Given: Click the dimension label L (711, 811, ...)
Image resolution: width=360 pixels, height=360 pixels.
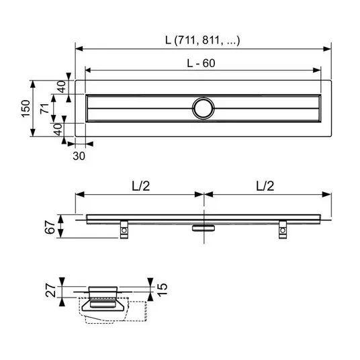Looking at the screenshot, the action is (x=203, y=40).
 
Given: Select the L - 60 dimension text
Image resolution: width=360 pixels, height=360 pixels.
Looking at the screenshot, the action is (x=201, y=63).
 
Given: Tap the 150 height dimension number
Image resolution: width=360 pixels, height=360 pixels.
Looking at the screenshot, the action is (x=26, y=109).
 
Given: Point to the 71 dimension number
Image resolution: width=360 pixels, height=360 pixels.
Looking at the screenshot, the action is (x=44, y=108).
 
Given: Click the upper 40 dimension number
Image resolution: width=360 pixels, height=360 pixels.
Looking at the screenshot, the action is (x=62, y=87).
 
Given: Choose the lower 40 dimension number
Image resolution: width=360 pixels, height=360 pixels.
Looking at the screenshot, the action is (x=58, y=130).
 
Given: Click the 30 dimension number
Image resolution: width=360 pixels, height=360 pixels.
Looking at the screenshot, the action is (x=79, y=156).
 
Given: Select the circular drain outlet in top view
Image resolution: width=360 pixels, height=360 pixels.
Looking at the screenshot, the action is (x=204, y=108).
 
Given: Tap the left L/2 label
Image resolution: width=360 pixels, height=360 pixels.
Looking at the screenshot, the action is (x=141, y=185).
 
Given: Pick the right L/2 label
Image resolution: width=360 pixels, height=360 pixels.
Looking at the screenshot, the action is (x=265, y=185).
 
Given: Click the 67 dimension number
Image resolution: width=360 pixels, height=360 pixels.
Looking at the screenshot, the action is (x=50, y=227).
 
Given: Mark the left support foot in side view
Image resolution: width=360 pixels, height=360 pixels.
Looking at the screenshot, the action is (x=124, y=230).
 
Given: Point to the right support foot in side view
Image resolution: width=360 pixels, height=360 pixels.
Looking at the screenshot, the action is (x=283, y=230).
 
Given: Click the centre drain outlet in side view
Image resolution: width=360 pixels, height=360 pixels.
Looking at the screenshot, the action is (x=204, y=228).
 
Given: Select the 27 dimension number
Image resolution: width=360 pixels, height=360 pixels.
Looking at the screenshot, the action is (x=51, y=291).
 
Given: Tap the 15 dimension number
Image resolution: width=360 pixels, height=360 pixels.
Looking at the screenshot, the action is (x=163, y=289).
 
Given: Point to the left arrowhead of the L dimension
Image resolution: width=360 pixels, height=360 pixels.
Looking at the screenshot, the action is (x=79, y=48).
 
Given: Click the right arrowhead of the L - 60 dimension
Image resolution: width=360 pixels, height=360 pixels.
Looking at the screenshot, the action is (x=317, y=70).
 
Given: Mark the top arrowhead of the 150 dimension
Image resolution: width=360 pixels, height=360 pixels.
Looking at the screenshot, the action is (x=33, y=84).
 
